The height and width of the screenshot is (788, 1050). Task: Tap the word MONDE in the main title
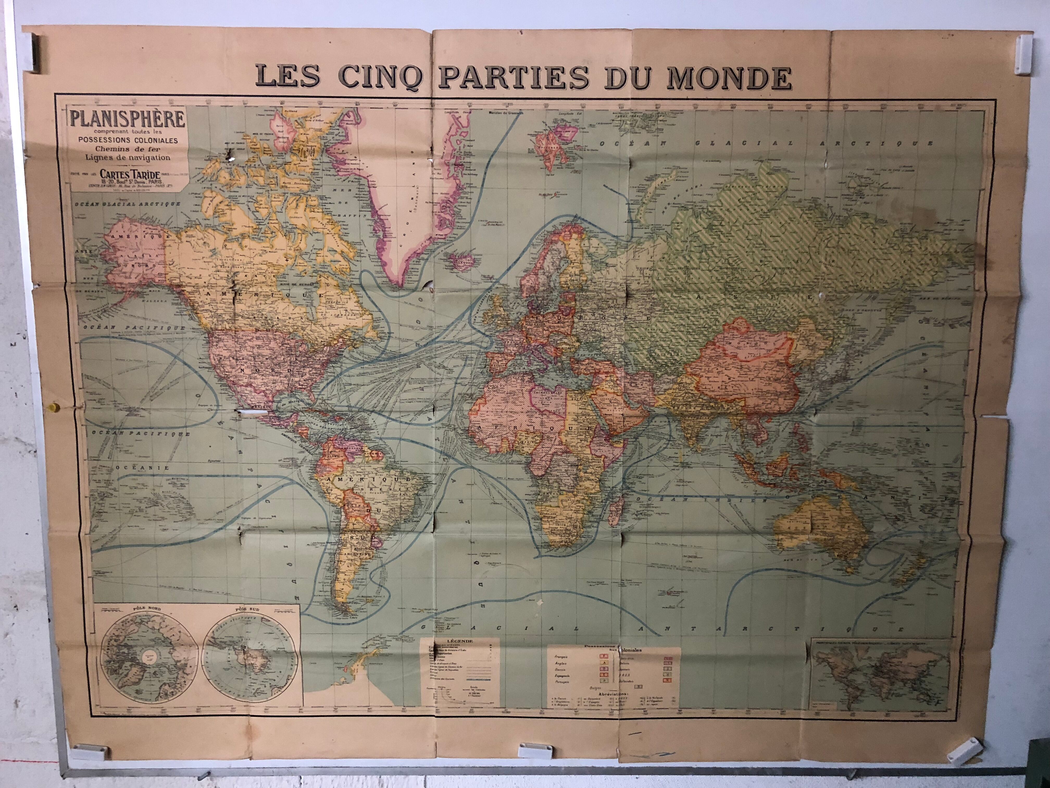(729, 77)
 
